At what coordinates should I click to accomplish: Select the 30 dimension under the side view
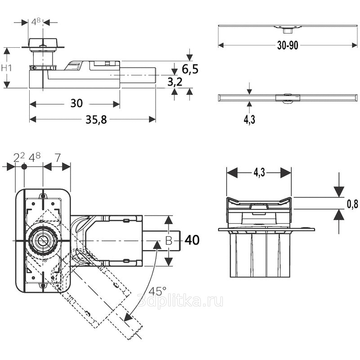point(76,103)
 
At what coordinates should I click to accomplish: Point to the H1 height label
point(6,68)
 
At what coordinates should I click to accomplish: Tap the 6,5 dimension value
point(190,69)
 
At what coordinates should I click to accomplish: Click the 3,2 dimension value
point(174,81)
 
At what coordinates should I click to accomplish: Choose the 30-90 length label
point(288,45)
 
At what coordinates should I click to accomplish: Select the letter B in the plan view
point(168,241)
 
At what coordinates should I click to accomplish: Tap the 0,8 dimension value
point(352,204)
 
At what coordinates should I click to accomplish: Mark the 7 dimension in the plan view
point(57,157)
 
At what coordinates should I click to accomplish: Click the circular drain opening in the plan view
point(42,240)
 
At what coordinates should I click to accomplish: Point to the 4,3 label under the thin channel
point(249,120)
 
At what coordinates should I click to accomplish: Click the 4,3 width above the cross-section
point(259,172)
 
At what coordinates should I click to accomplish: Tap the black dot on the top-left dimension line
point(24,166)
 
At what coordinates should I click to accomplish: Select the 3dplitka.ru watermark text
point(180,301)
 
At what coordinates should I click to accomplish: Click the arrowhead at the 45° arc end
point(128,316)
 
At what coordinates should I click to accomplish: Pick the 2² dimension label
point(18,157)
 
